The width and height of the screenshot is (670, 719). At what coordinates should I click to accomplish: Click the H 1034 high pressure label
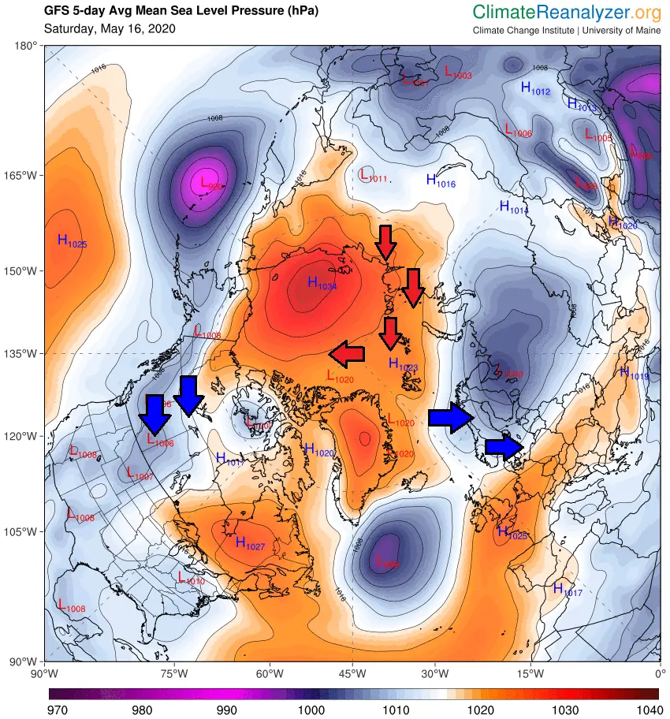322,283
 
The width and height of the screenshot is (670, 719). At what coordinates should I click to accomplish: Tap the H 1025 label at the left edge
72,241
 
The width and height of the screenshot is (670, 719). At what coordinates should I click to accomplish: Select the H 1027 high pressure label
251,543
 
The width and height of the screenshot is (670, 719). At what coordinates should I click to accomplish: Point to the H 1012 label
535,88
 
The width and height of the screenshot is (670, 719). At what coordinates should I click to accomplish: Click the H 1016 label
441,181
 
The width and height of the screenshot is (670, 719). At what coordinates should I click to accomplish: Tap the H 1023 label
403,364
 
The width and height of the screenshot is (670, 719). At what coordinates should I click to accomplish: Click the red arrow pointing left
347,355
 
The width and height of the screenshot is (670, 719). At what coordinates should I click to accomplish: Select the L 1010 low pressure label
191,578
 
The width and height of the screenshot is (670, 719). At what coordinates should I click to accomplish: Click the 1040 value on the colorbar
649,710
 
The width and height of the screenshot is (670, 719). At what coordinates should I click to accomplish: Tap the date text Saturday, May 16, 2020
110,29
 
